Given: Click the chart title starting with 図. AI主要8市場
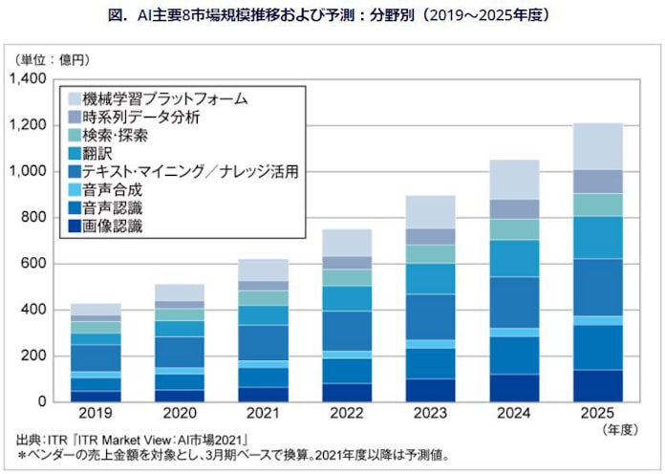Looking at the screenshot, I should point(332,16).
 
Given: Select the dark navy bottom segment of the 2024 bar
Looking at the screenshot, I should point(513,387).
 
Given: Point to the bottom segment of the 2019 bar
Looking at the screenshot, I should point(96,396).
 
